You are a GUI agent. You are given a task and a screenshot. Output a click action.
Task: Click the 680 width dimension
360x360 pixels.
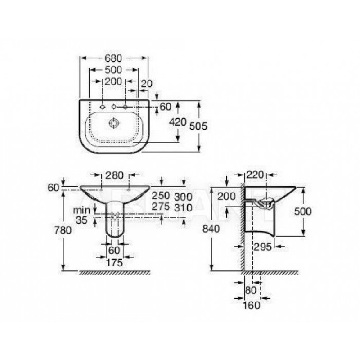pos(113,58)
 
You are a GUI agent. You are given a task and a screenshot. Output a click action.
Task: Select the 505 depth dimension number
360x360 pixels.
pos(198,126)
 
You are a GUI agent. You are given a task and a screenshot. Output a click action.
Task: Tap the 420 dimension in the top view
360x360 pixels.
pos(178,122)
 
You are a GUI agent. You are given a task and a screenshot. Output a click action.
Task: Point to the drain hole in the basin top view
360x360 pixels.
pos(114,123)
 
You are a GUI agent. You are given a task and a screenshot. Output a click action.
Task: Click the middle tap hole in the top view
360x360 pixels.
pos(114,107)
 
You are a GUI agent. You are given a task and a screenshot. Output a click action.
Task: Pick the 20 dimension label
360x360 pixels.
pos(147,84)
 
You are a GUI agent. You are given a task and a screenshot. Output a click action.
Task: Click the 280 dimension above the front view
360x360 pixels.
pos(114,175)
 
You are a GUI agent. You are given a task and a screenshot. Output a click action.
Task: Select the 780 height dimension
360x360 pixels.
pos(63,230)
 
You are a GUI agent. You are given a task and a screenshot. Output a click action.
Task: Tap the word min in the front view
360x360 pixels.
pos(82,210)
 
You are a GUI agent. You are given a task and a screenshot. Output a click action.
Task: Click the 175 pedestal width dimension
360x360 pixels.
pos(115,263)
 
